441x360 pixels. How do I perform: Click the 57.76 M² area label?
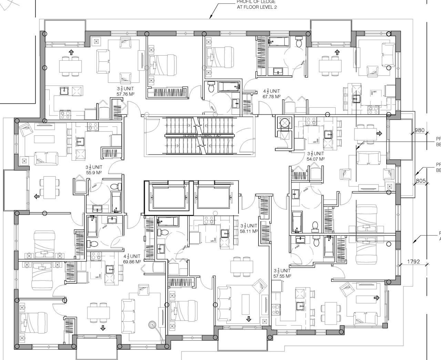(125, 93)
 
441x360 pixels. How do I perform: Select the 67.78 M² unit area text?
(271, 97)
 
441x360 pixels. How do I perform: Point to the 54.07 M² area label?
(316, 159)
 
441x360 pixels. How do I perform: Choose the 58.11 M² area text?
(249, 231)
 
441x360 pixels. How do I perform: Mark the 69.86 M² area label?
(132, 262)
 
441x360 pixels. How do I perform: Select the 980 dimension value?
(419, 130)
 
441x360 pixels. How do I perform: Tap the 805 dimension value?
(421, 181)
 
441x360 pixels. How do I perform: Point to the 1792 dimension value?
(413, 262)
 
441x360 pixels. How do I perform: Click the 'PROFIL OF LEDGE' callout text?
(256, 4)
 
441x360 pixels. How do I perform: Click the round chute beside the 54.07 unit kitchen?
(285, 123)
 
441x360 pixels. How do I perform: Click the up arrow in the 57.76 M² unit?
(71, 52)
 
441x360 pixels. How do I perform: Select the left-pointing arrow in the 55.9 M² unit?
(37, 197)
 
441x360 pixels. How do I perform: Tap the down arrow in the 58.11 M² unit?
(248, 319)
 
